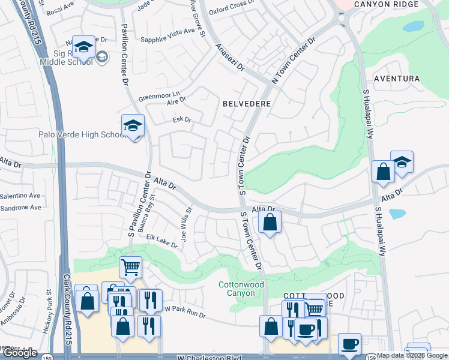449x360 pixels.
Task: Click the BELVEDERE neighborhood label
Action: (x=247, y=104)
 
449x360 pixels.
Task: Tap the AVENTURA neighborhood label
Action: (x=396, y=79)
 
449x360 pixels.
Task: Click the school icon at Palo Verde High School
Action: (x=133, y=126)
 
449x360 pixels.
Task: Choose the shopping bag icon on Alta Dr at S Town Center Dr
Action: (x=270, y=223)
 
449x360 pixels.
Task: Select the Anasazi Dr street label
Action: (x=231, y=57)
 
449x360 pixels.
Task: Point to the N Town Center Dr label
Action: (x=294, y=61)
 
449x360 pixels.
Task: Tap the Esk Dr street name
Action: (x=181, y=120)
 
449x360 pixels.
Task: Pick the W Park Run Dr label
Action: (x=185, y=312)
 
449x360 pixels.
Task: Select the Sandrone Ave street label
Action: (x=20, y=208)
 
